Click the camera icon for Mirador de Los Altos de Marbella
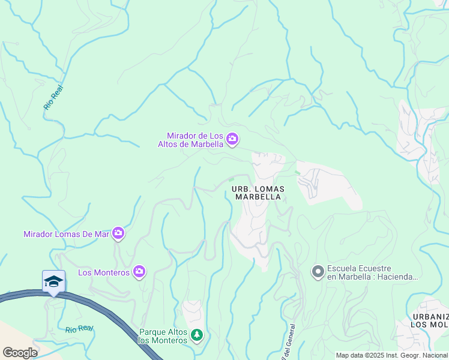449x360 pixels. pyautogui.click(x=232, y=140)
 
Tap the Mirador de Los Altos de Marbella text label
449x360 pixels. pyautogui.click(x=191, y=140)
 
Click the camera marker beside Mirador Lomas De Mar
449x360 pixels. pyautogui.click(x=118, y=233)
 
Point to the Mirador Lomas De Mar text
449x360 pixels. pyautogui.click(x=66, y=234)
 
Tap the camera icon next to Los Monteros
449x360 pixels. pyautogui.click(x=139, y=272)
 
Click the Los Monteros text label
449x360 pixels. pyautogui.click(x=104, y=273)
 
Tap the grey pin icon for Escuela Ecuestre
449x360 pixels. pyautogui.click(x=318, y=272)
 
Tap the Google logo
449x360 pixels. pyautogui.click(x=20, y=352)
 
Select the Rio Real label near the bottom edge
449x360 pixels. pyautogui.click(x=79, y=329)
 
